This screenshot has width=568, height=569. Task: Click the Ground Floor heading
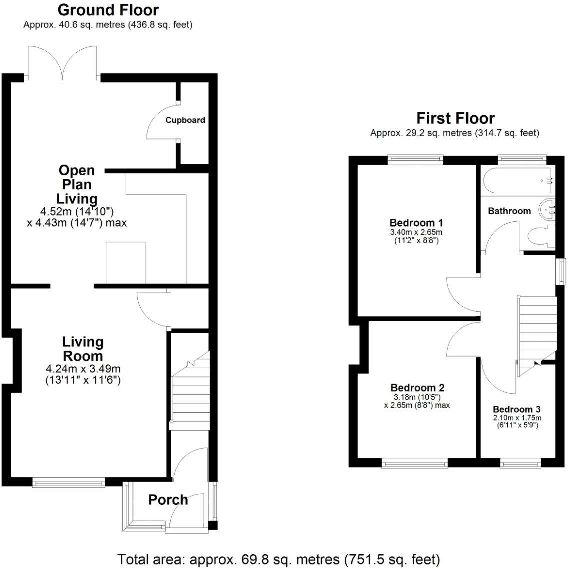(x=108, y=10)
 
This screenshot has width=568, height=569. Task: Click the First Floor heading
(x=455, y=118)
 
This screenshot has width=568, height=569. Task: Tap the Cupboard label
(x=185, y=120)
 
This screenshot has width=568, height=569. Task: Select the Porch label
(x=168, y=500)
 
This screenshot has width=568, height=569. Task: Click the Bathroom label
(x=509, y=211)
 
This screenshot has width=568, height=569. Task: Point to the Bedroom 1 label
(x=416, y=223)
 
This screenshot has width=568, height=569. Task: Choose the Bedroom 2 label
(x=417, y=388)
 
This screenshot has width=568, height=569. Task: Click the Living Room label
(x=83, y=349)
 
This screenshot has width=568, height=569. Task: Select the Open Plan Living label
(x=77, y=184)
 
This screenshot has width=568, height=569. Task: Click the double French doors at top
(x=63, y=64)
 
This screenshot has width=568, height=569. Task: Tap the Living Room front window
(x=68, y=482)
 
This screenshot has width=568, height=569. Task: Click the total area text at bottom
(x=278, y=559)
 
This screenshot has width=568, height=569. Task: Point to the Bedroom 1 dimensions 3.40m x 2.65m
(x=416, y=232)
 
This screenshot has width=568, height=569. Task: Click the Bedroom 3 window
(x=520, y=464)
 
